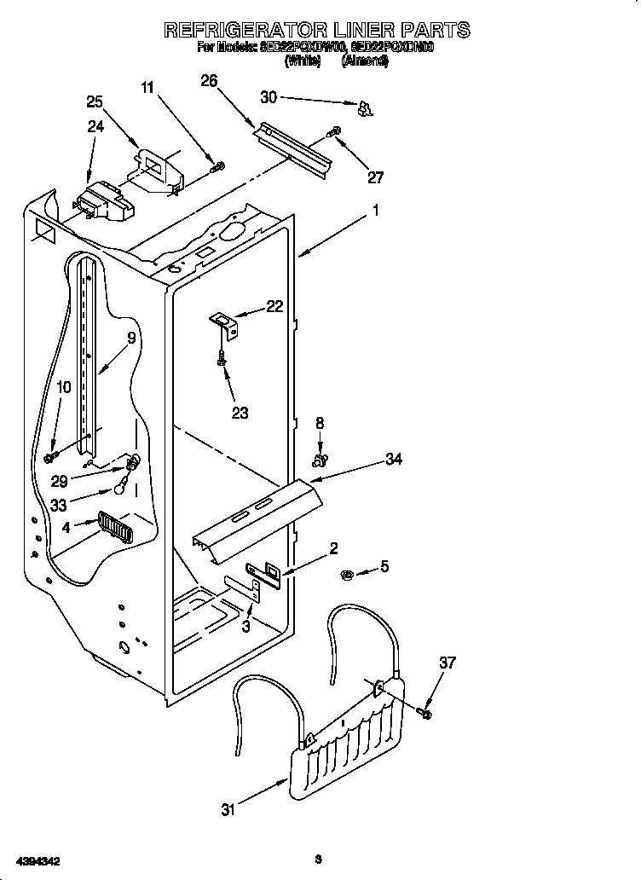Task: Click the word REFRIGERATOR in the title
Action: tap(247, 31)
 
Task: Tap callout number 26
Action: tap(209, 81)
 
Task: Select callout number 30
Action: tap(269, 97)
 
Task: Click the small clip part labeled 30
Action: tap(365, 108)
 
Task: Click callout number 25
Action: tap(95, 101)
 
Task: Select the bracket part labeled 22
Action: tap(225, 321)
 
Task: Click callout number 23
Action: tap(240, 413)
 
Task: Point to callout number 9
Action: tap(130, 338)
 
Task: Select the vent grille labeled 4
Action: tap(113, 524)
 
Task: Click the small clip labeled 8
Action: tap(320, 460)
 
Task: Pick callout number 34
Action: tap(393, 460)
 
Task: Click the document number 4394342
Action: tap(36, 861)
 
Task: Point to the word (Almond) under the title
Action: tap(365, 61)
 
